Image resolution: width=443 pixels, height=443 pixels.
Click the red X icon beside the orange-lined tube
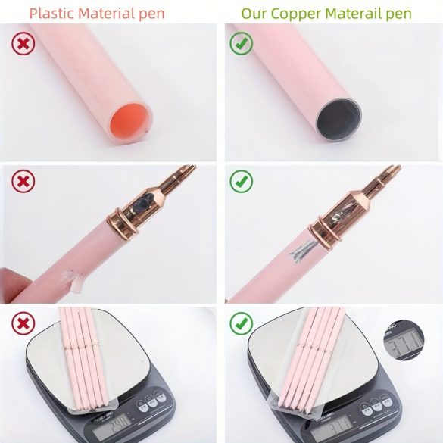pos(23,44)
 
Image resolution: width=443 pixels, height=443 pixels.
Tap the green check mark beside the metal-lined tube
pos(241,44)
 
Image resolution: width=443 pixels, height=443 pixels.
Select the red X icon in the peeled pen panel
pos(23,182)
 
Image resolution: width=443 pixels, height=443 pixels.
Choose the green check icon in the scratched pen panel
pos(241,182)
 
